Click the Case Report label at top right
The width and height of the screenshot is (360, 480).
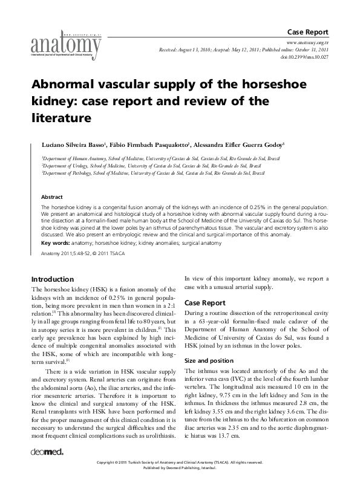tap(308, 31)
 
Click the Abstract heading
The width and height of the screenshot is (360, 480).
tap(51, 197)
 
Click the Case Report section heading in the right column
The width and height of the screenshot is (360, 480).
tap(205, 302)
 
